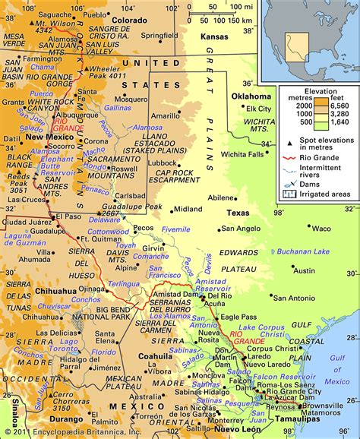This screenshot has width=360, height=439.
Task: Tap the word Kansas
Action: point(214,37)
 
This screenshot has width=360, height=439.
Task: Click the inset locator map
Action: point(308,38)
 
